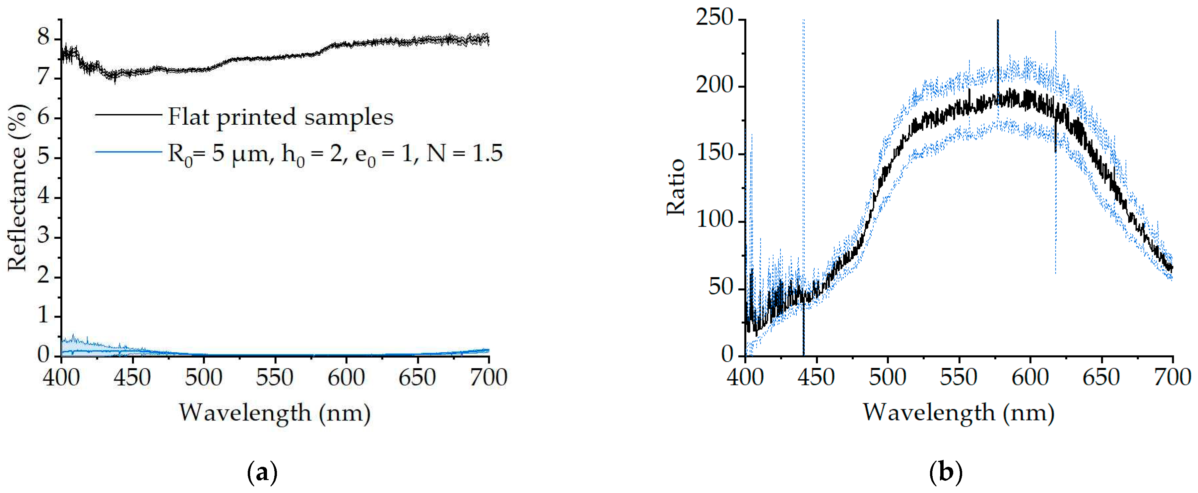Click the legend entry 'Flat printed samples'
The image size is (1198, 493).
281,116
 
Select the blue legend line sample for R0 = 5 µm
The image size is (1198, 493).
128,152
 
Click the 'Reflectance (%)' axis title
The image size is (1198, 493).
18,187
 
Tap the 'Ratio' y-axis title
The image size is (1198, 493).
676,187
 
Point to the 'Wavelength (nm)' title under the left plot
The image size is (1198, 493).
275,412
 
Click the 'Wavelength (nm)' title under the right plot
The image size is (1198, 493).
959,412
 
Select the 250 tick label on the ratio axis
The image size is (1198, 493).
714,19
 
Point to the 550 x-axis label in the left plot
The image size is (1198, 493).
275,377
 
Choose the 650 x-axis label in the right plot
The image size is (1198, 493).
1101,377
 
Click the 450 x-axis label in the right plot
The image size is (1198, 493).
816,377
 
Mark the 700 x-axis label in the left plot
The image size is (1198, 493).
488,377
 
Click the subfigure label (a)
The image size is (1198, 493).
262,473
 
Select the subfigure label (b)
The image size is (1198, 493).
946,473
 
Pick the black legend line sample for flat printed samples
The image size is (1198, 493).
128,114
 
